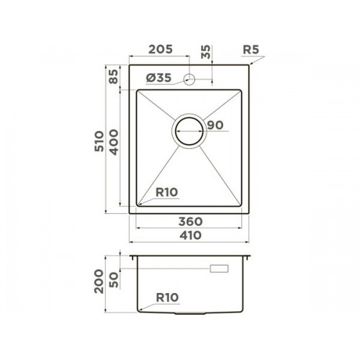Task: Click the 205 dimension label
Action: coord(161,49)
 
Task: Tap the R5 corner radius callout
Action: coord(251,50)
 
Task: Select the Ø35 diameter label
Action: coord(158,78)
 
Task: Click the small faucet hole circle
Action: coord(189,79)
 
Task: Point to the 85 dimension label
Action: coord(113,76)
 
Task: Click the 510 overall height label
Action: coord(99,141)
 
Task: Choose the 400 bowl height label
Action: coord(114,142)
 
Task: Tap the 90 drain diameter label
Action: coord(215,125)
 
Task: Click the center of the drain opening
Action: coord(189,131)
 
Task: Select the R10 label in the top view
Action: coord(167,192)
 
